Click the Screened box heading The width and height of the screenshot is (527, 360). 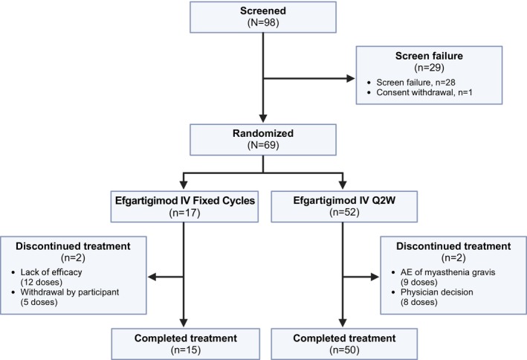[263, 10]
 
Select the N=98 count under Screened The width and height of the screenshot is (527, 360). [263, 22]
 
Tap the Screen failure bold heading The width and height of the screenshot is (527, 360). [429, 56]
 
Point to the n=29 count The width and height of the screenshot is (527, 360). [429, 68]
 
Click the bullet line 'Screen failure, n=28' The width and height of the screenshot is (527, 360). [416, 83]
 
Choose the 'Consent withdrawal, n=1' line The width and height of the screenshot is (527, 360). [424, 92]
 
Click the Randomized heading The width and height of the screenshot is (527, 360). [263, 133]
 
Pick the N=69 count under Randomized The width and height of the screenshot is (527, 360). [263, 145]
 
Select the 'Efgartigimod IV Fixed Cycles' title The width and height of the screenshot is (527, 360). [185, 201]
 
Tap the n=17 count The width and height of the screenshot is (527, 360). [184, 213]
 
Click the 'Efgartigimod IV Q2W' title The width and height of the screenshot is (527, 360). [344, 201]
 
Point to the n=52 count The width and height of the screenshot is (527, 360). [344, 213]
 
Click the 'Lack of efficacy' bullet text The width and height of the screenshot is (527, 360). [51, 272]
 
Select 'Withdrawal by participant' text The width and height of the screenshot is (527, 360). [70, 292]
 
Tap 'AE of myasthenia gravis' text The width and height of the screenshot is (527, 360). [447, 272]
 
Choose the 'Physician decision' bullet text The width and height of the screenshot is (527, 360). [436, 292]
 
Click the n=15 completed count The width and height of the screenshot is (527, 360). [186, 350]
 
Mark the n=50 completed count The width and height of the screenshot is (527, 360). [344, 350]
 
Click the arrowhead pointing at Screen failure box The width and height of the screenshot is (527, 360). [351, 79]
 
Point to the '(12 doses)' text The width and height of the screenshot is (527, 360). [42, 282]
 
